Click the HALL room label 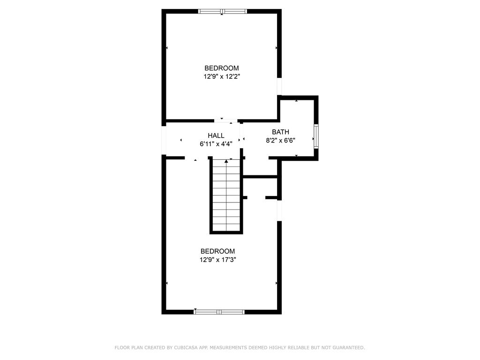216,135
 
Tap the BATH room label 280,132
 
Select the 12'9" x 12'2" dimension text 222,76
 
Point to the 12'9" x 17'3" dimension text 217,260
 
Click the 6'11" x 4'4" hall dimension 216,144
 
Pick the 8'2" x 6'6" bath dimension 280,141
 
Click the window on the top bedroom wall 222,12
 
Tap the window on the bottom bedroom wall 219,312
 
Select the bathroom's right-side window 316,136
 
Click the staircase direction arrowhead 226,161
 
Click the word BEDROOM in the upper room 222,68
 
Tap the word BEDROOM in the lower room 217,251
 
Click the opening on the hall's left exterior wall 164,140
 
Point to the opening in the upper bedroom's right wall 279,86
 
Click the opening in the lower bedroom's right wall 279,210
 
